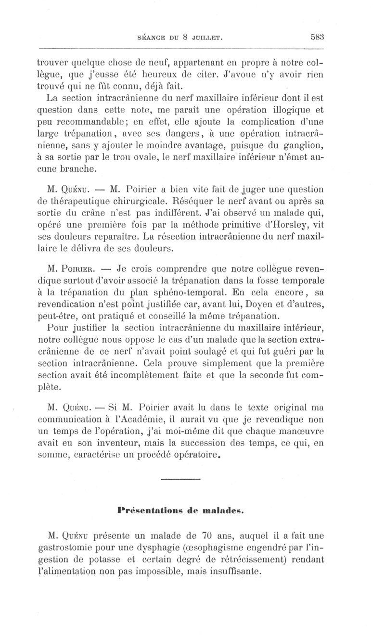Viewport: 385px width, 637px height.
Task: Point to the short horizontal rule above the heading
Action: coord(180,479)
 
